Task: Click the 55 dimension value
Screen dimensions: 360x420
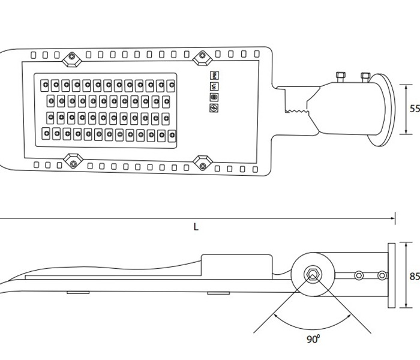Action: [414, 109]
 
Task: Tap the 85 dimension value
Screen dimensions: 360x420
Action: [414, 277]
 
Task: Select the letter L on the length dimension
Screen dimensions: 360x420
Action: [196, 227]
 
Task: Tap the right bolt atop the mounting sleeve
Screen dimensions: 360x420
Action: [364, 76]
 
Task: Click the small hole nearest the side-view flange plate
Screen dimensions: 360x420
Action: [382, 275]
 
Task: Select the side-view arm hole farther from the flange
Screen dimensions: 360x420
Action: [359, 275]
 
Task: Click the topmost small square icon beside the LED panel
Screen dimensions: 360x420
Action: [213, 76]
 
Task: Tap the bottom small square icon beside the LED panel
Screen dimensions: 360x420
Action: [213, 107]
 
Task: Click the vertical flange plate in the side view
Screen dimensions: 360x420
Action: [392, 275]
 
